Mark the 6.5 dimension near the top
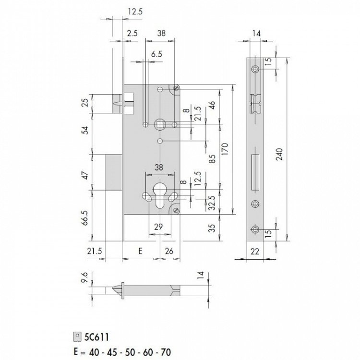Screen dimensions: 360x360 (156, 55)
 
